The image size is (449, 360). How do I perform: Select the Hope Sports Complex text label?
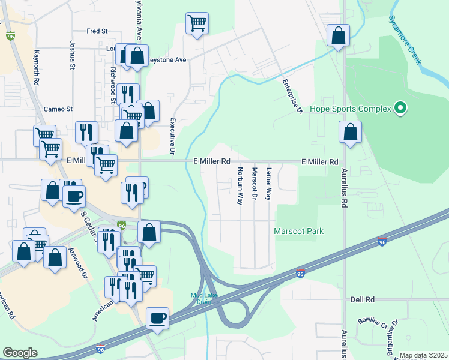click(349, 110)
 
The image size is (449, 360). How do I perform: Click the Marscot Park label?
click(298, 231)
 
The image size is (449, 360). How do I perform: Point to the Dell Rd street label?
click(363, 299)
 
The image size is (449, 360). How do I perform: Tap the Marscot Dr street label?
click(254, 184)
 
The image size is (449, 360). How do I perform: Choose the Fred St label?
click(97, 31)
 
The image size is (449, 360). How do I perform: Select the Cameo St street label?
click(58, 109)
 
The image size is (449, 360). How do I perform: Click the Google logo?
click(20, 353)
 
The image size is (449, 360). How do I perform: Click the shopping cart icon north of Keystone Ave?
click(197, 24)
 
